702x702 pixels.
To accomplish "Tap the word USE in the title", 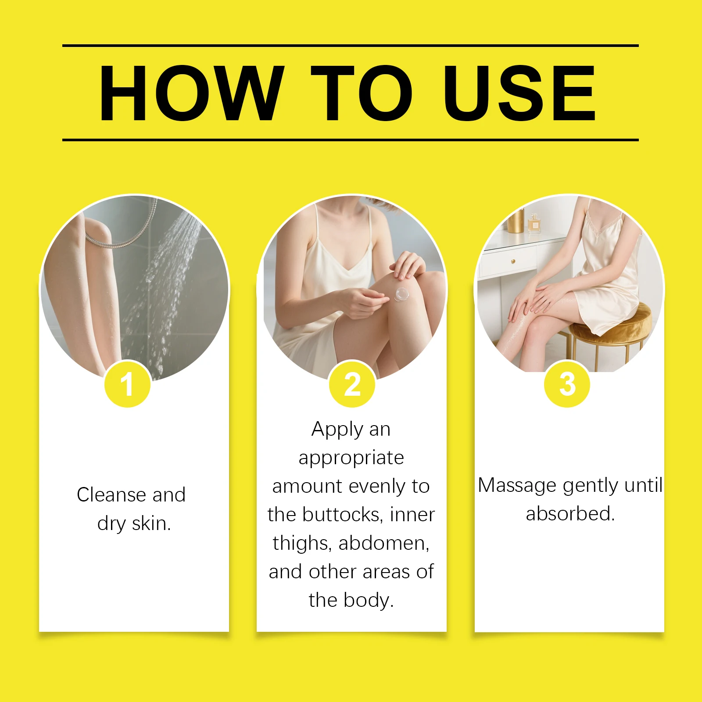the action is pos(519,93).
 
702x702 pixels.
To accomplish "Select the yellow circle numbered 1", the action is pos(128,384).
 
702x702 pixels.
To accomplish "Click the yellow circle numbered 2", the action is pos(352,384).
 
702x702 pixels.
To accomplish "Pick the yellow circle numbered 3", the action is pos(567,384).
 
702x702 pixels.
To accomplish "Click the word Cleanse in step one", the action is pos(111,495).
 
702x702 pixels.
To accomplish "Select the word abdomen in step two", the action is pos(384,543).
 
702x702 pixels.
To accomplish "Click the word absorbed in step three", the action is pos(570,514).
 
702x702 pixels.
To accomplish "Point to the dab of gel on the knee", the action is pos(401,294).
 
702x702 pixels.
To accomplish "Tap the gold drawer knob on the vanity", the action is pos(513,262).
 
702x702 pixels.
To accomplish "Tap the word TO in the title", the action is pos(362,93).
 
